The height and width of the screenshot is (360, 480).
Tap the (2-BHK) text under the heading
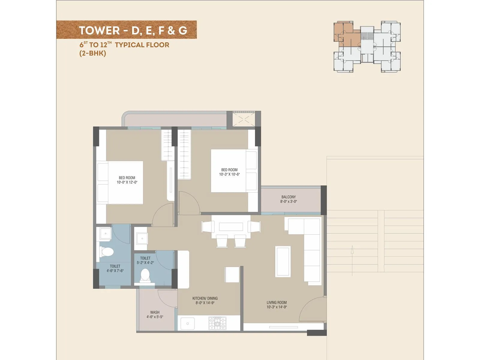point(92,53)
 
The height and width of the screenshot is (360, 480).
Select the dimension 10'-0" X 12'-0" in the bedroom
point(127,182)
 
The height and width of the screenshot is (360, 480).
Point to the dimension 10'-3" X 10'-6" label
point(229,174)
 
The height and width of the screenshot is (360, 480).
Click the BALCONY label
point(288,197)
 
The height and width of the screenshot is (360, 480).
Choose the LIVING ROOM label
point(277,302)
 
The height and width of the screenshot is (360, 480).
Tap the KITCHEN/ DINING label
point(205,298)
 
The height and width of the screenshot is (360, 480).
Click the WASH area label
point(155,312)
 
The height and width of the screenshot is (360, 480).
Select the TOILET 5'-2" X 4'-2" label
point(145,260)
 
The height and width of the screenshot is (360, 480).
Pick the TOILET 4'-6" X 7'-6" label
point(115,268)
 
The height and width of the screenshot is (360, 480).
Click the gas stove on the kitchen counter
point(217,323)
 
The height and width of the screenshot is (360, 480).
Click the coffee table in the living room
point(283,262)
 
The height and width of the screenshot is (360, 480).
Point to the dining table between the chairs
point(231,226)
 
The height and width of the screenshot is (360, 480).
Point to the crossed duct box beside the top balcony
point(244,119)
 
